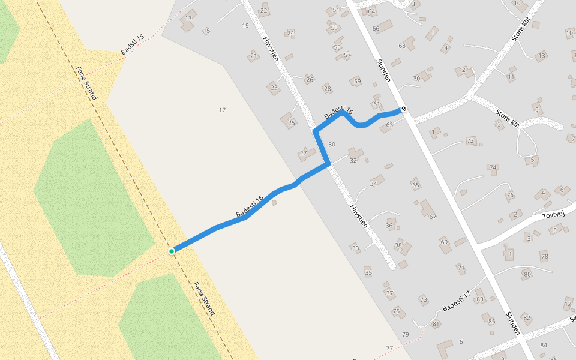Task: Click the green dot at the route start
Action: click(172, 251)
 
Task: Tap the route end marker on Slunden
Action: click(404, 109)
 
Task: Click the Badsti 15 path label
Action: click(133, 45)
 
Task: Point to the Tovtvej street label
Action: click(554, 214)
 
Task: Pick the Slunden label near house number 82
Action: click(512, 324)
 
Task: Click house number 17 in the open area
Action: click(222, 110)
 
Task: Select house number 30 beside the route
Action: click(332, 145)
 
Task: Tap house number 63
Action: click(389, 125)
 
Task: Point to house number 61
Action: click(377, 104)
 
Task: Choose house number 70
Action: click(416, 79)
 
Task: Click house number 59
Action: click(358, 82)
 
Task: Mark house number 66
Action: click(376, 29)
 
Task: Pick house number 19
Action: click(245, 25)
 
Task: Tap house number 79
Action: click(406, 334)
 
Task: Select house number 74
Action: click(493, 167)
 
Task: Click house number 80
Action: click(527, 275)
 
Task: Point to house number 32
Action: click(353, 160)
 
